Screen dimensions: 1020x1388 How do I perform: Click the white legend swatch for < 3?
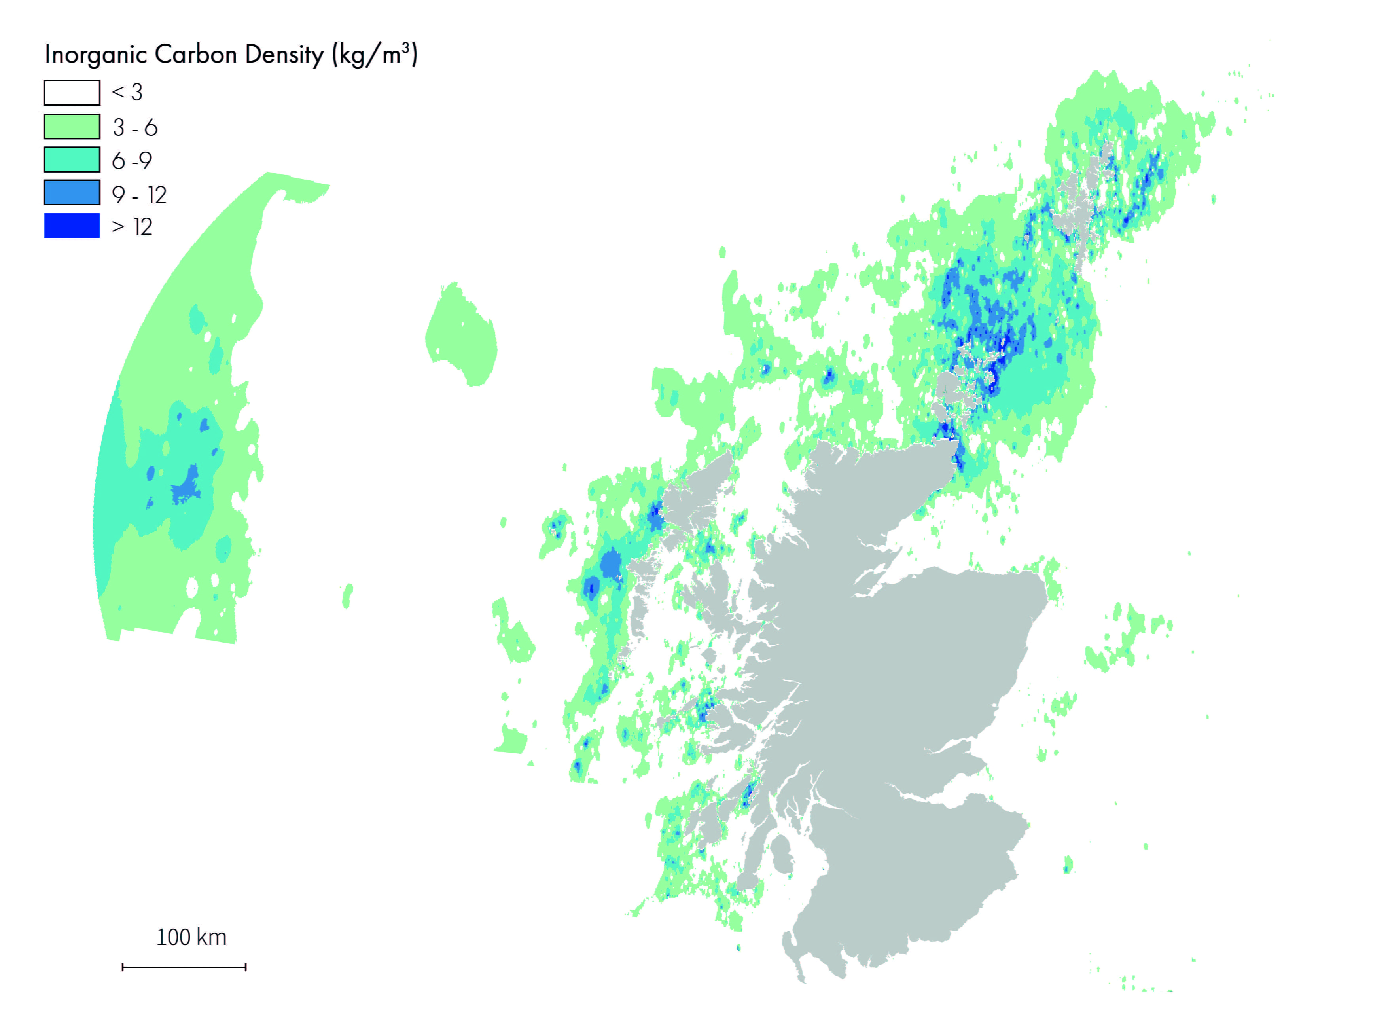point(72,93)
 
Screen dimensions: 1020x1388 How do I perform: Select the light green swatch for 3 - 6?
point(72,127)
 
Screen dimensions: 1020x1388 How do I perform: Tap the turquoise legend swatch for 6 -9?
point(72,159)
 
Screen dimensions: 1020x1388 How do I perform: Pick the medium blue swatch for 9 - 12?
point(72,192)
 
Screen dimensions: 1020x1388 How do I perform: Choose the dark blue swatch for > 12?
point(72,226)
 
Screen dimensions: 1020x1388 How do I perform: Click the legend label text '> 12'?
point(132,227)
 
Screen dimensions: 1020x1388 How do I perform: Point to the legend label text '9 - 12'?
point(139,195)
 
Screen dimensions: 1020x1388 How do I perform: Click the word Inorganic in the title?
point(96,55)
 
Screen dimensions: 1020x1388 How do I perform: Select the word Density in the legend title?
point(284,55)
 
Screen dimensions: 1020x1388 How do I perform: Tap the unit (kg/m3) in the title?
point(375,55)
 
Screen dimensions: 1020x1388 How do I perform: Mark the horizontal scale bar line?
point(184,967)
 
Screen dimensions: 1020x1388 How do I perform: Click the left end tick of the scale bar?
point(123,967)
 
